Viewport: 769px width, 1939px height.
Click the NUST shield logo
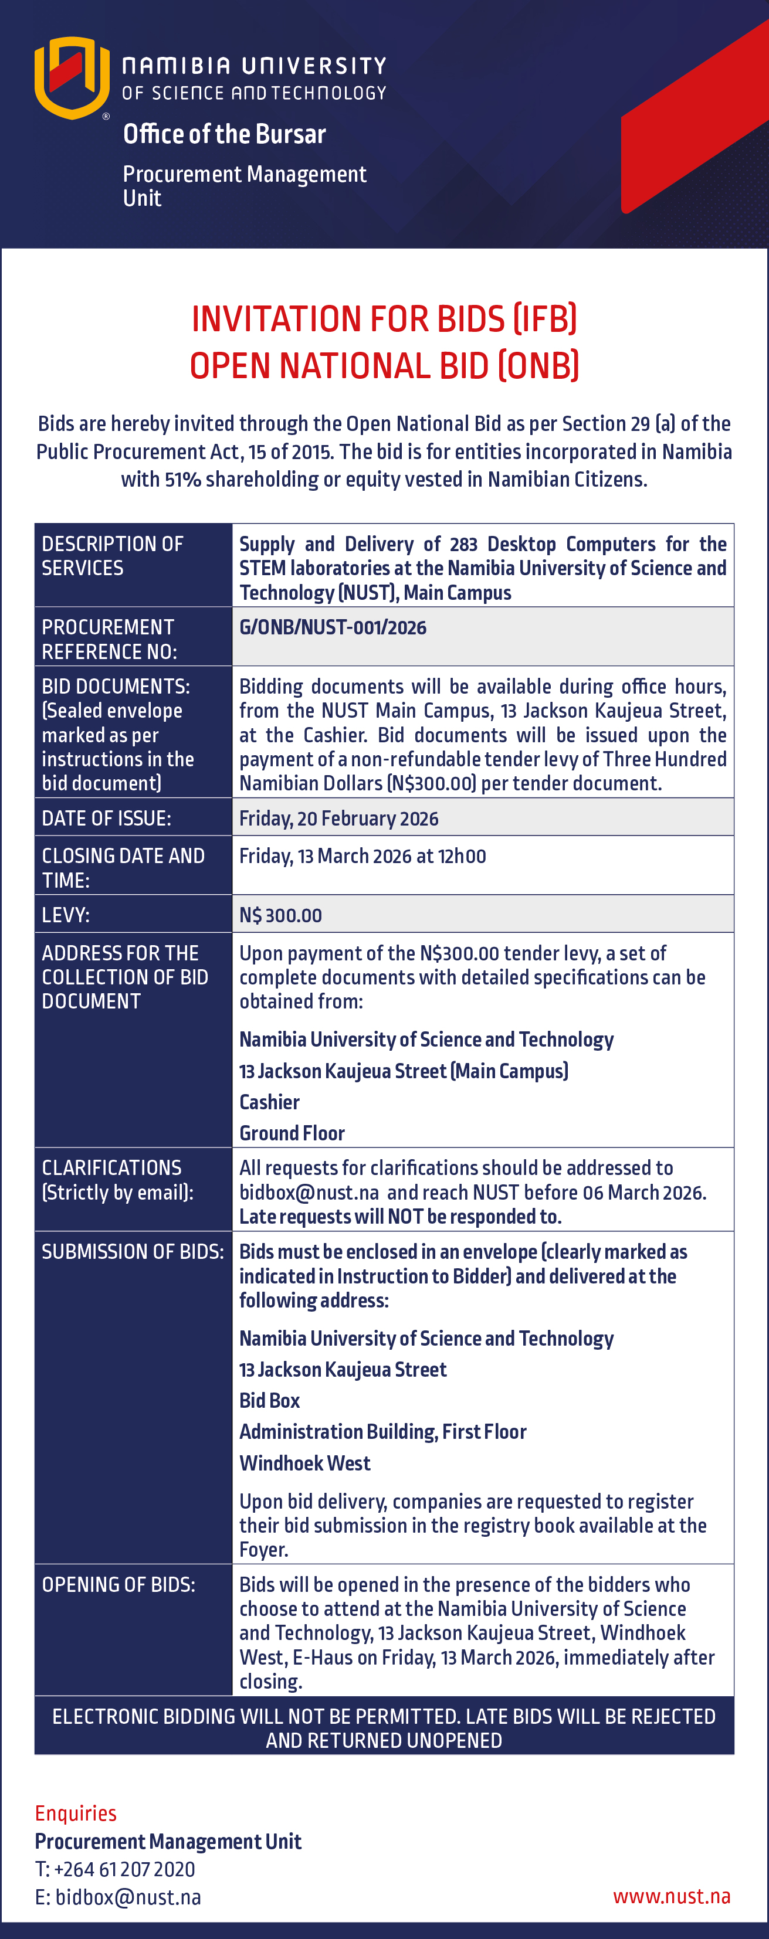[72, 77]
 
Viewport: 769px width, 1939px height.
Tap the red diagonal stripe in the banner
[693, 120]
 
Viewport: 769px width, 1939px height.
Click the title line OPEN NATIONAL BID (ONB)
[384, 366]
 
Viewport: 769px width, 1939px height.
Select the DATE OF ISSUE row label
[106, 818]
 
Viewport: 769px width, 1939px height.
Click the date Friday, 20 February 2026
[338, 818]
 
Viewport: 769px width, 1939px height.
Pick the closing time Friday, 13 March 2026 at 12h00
[363, 856]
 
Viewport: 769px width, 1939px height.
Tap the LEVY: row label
[66, 915]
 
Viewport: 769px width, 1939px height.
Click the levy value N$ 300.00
[280, 915]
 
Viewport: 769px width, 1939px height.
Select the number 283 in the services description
[463, 544]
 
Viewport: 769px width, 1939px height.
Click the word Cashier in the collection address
[269, 1102]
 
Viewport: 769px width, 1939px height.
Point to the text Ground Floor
[292, 1133]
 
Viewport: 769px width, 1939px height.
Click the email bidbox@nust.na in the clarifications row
[309, 1192]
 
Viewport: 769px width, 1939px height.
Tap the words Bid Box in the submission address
[269, 1400]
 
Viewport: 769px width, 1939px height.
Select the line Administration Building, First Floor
[382, 1432]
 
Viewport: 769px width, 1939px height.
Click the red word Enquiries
[75, 1814]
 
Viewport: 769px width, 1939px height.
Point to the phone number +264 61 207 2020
[124, 1869]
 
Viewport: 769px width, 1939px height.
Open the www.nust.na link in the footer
[671, 1896]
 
